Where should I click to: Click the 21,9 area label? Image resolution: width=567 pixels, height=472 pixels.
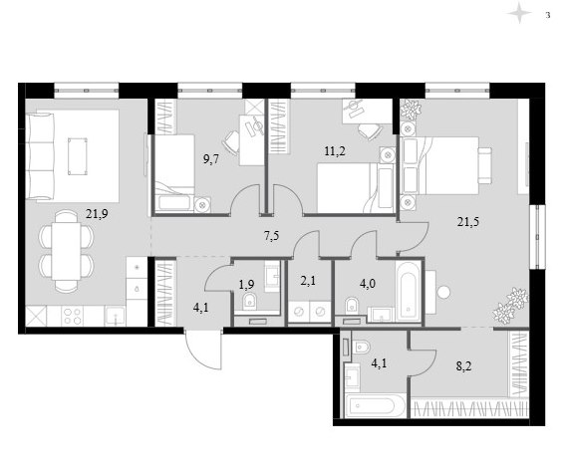(x=97, y=214)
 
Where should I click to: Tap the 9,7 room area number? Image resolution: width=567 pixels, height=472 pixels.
(x=211, y=158)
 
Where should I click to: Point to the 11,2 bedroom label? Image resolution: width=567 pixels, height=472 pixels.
(x=335, y=151)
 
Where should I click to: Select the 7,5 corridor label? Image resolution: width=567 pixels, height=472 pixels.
(x=271, y=236)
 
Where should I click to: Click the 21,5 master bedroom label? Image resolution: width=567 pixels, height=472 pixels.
(x=468, y=221)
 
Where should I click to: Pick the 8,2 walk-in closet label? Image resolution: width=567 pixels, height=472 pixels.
(x=464, y=366)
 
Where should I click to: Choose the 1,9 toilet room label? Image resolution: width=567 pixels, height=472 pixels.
(x=246, y=285)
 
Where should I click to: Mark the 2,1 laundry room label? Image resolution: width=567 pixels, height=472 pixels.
(x=308, y=280)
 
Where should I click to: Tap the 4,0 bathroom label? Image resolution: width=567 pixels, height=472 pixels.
(x=368, y=284)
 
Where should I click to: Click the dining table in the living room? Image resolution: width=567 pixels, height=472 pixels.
(x=66, y=251)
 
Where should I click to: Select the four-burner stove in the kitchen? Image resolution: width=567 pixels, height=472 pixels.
(x=72, y=316)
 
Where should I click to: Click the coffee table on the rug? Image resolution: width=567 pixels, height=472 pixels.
(x=78, y=156)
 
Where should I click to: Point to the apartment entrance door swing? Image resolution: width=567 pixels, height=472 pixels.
(x=203, y=350)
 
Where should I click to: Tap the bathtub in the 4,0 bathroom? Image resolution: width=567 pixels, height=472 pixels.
(x=409, y=291)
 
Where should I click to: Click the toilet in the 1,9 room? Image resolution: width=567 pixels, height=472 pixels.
(x=249, y=301)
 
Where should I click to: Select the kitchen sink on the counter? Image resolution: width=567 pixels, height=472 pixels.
(x=115, y=316)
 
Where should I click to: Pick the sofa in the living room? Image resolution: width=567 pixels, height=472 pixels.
(x=40, y=156)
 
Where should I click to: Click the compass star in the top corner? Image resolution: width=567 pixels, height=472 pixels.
(x=519, y=13)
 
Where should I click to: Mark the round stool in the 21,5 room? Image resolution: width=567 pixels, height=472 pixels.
(x=443, y=292)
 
